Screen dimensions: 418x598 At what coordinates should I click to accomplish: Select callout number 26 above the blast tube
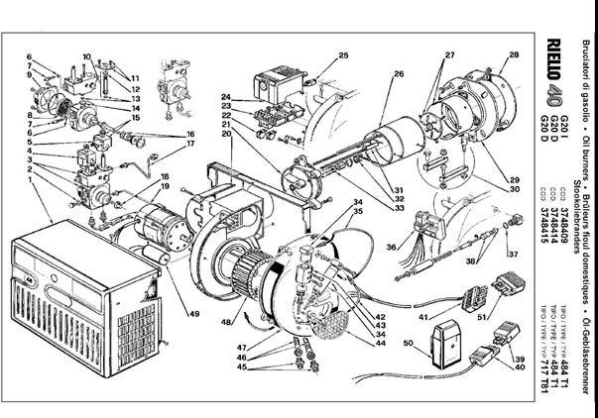[x=400, y=74]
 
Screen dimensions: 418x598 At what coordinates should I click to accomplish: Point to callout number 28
[x=514, y=54]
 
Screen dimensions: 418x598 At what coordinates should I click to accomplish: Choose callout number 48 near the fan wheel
[x=227, y=322]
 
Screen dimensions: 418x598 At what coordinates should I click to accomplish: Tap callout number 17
[x=189, y=146]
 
